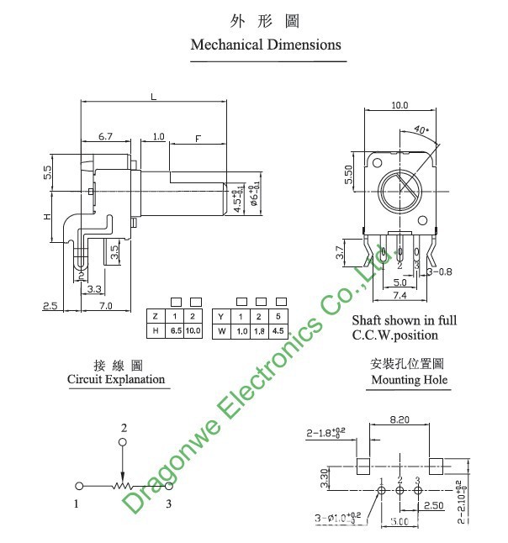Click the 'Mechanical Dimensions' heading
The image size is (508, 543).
click(x=266, y=45)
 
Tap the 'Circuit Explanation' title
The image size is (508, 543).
click(x=116, y=380)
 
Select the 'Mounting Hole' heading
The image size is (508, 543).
click(x=410, y=380)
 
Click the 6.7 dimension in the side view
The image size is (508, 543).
click(x=106, y=135)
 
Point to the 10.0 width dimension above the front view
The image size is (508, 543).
click(x=399, y=105)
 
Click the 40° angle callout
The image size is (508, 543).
click(x=421, y=131)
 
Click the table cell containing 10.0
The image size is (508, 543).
click(x=194, y=331)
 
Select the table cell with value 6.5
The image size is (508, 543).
click(x=176, y=331)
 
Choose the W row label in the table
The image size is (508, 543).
click(x=221, y=331)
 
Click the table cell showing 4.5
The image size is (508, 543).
click(x=277, y=331)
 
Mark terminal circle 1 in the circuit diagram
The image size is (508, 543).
click(x=79, y=486)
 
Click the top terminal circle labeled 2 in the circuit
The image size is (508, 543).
click(x=123, y=442)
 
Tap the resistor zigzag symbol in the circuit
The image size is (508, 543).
click(x=124, y=486)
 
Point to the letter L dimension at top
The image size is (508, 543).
click(x=153, y=97)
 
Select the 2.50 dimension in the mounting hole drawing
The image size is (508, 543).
click(x=435, y=506)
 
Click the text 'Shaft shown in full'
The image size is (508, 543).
click(x=404, y=320)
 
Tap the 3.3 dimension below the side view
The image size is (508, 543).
click(x=96, y=288)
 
